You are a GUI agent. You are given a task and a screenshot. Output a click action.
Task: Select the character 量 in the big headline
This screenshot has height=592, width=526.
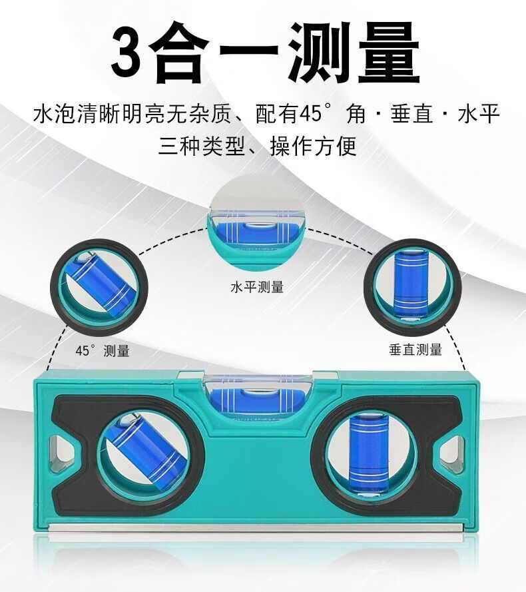(389, 52)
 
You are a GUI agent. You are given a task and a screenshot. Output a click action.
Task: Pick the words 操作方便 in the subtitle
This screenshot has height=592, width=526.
(313, 146)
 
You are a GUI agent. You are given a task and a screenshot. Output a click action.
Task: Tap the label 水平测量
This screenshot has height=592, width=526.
(257, 287)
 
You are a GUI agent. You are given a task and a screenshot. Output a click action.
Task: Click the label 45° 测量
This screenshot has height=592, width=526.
(103, 351)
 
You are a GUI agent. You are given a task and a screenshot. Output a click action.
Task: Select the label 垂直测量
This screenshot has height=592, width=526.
(415, 349)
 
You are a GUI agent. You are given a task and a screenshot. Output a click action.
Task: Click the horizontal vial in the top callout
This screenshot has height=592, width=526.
(255, 232)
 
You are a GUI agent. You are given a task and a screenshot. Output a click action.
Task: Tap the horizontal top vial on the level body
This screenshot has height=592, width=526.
(257, 400)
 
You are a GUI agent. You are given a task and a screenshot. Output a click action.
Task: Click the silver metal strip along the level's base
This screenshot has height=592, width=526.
(256, 527)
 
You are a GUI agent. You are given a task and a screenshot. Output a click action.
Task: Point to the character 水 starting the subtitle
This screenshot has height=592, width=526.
(44, 114)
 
